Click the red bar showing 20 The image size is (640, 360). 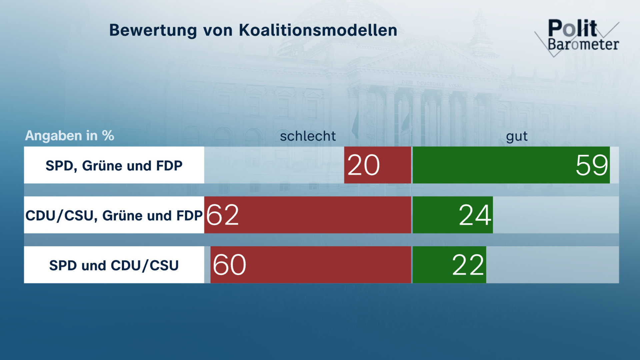[377, 165]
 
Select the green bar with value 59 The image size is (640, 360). [511, 165]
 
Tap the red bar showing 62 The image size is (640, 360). [307, 215]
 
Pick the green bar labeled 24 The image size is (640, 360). [453, 215]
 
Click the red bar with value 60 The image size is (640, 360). [311, 265]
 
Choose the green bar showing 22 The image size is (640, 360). [449, 265]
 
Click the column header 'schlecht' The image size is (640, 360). [308, 136]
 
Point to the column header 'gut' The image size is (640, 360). [517, 136]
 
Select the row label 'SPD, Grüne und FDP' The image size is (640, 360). [114, 165]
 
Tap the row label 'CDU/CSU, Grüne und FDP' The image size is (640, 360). [114, 215]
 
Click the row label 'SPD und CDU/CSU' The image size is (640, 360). [114, 265]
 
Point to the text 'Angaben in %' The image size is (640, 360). [69, 136]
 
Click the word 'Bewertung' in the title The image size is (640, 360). [152, 30]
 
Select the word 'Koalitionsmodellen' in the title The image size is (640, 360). [318, 30]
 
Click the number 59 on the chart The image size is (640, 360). [592, 165]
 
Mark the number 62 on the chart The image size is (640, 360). [222, 215]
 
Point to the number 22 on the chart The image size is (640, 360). [468, 265]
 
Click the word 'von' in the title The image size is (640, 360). [218, 30]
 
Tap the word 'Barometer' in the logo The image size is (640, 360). [583, 44]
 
